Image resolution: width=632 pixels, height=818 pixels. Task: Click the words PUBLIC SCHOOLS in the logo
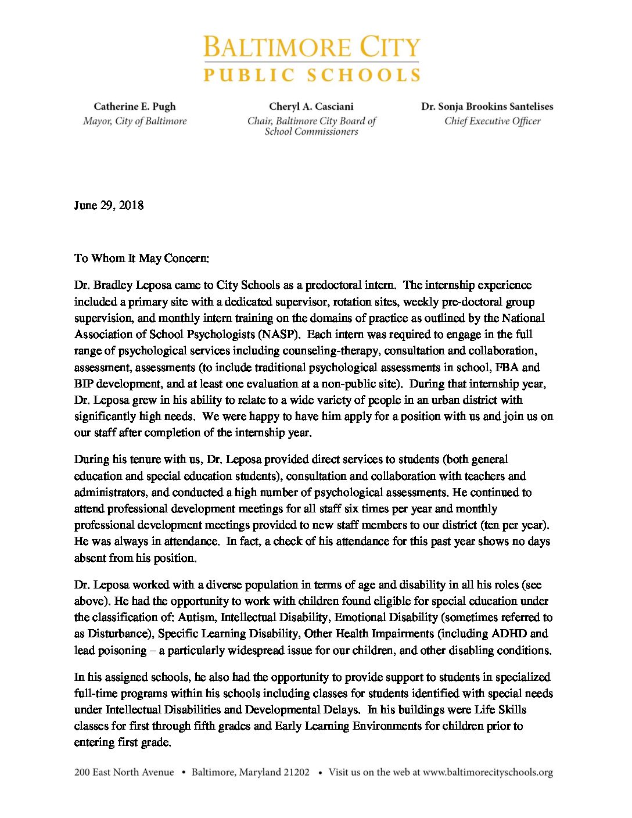pyautogui.click(x=311, y=75)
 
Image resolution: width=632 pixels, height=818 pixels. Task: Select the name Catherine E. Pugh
pyautogui.click(x=134, y=106)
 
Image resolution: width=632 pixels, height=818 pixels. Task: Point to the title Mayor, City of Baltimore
pyautogui.click(x=134, y=121)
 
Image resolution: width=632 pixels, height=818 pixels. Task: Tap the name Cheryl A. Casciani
pyautogui.click(x=311, y=106)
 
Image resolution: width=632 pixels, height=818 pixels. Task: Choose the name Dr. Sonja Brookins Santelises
pyautogui.click(x=487, y=106)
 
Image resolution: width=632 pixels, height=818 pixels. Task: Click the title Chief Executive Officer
pyautogui.click(x=492, y=121)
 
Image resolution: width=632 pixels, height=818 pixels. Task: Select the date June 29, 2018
pyautogui.click(x=109, y=205)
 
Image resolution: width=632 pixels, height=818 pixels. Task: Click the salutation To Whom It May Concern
pyautogui.click(x=141, y=258)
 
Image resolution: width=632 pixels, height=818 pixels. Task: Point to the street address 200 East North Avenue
pyautogui.click(x=124, y=772)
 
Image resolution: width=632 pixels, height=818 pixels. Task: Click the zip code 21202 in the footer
pyautogui.click(x=296, y=772)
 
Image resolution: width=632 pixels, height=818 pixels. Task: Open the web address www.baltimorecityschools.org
pyautogui.click(x=487, y=772)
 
